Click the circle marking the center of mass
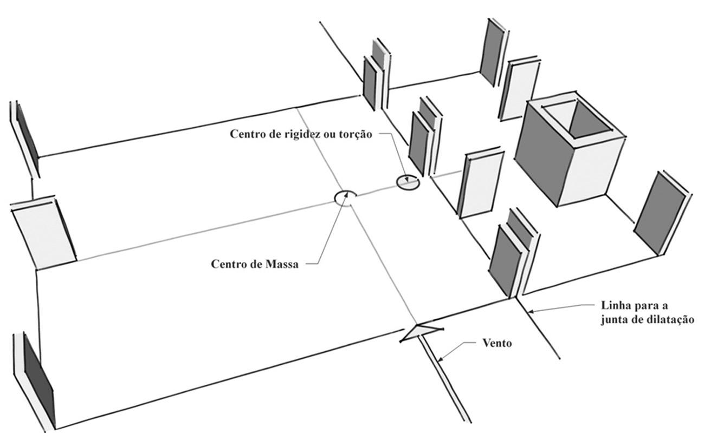click(345, 198)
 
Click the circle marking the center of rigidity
click(408, 183)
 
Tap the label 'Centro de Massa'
click(255, 265)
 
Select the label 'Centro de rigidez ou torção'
click(301, 134)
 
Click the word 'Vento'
click(497, 343)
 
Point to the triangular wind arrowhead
click(421, 333)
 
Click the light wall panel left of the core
click(480, 184)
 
